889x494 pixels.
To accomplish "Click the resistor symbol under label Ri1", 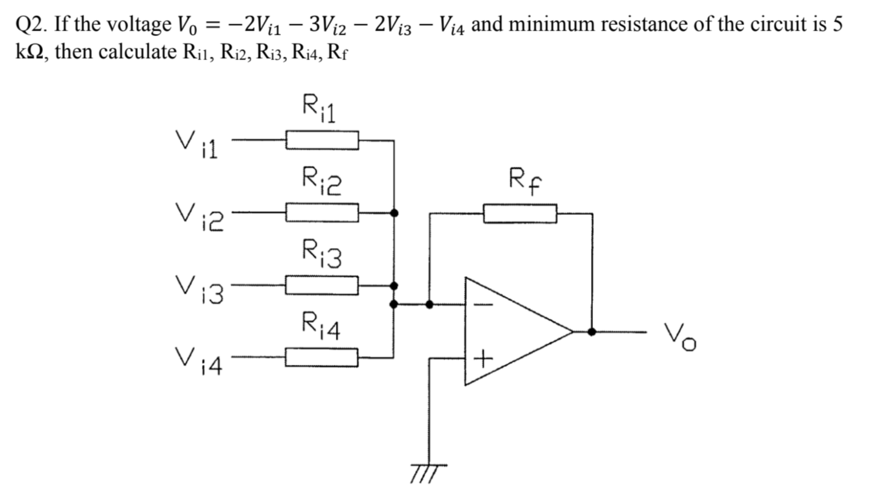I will (x=322, y=140).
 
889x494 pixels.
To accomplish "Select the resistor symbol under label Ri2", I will (x=322, y=213).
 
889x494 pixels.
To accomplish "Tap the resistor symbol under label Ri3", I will (x=322, y=285).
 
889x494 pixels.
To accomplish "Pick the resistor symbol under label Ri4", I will (x=321, y=358).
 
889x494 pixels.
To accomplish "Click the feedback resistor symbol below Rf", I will (x=520, y=214).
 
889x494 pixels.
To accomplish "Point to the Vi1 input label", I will (x=196, y=144).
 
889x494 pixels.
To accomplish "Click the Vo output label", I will (x=680, y=337).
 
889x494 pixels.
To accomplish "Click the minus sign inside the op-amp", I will (x=483, y=305).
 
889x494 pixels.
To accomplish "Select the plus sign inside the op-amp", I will (x=483, y=359).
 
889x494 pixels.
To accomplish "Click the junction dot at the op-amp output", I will (x=592, y=332).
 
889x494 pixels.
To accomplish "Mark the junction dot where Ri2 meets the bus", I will (x=394, y=213).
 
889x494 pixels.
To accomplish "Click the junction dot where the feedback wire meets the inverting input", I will (x=429, y=304).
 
